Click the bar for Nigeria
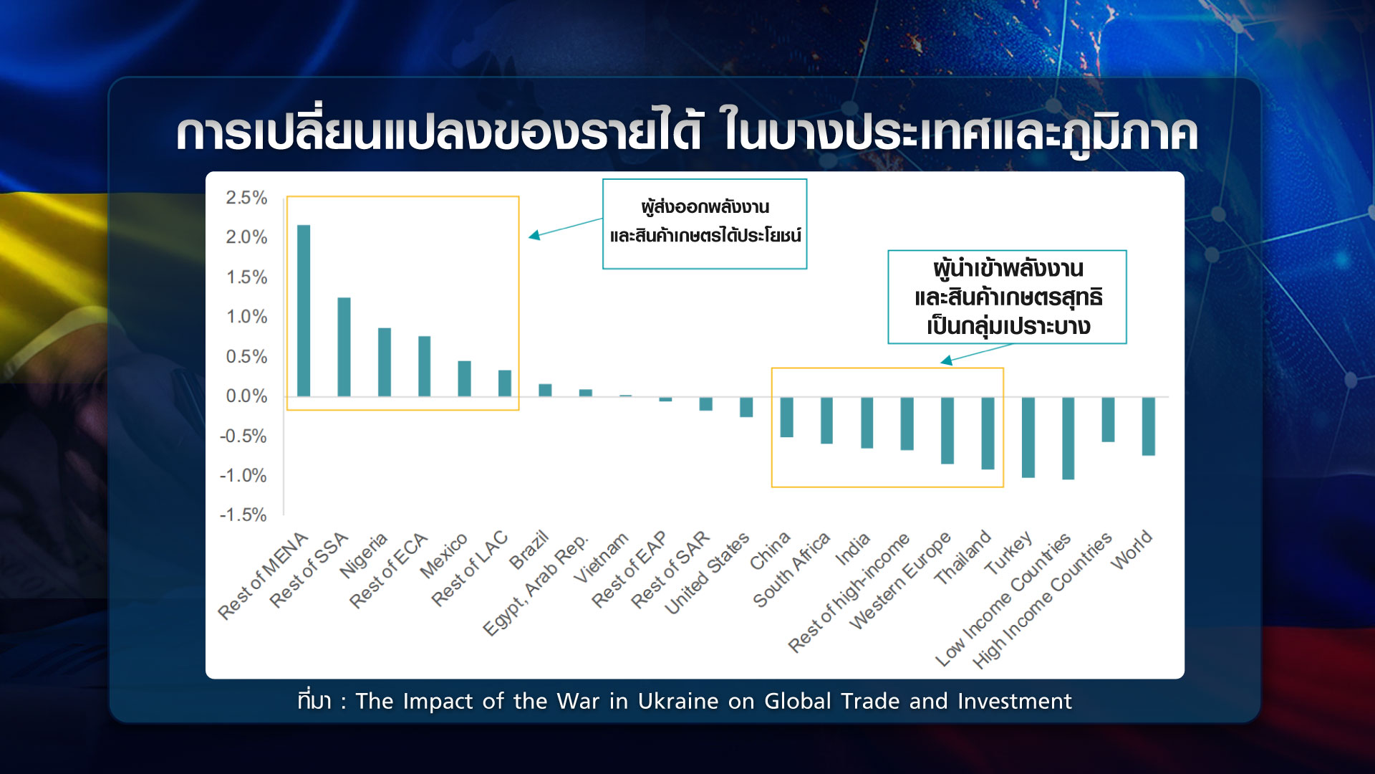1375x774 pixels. [385, 362]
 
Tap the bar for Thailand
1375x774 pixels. [988, 433]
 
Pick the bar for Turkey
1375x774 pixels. [1028, 437]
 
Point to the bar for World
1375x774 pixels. [1148, 426]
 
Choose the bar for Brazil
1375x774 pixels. [545, 390]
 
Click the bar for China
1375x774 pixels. [786, 416]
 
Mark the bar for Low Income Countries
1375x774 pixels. [1068, 438]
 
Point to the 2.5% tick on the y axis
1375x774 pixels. [246, 198]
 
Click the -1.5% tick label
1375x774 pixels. [243, 515]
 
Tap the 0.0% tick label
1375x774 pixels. [246, 396]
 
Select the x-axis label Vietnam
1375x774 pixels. [601, 557]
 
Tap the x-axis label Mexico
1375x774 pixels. [443, 555]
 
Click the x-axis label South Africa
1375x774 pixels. [791, 570]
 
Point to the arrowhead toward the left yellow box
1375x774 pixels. [534, 235]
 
